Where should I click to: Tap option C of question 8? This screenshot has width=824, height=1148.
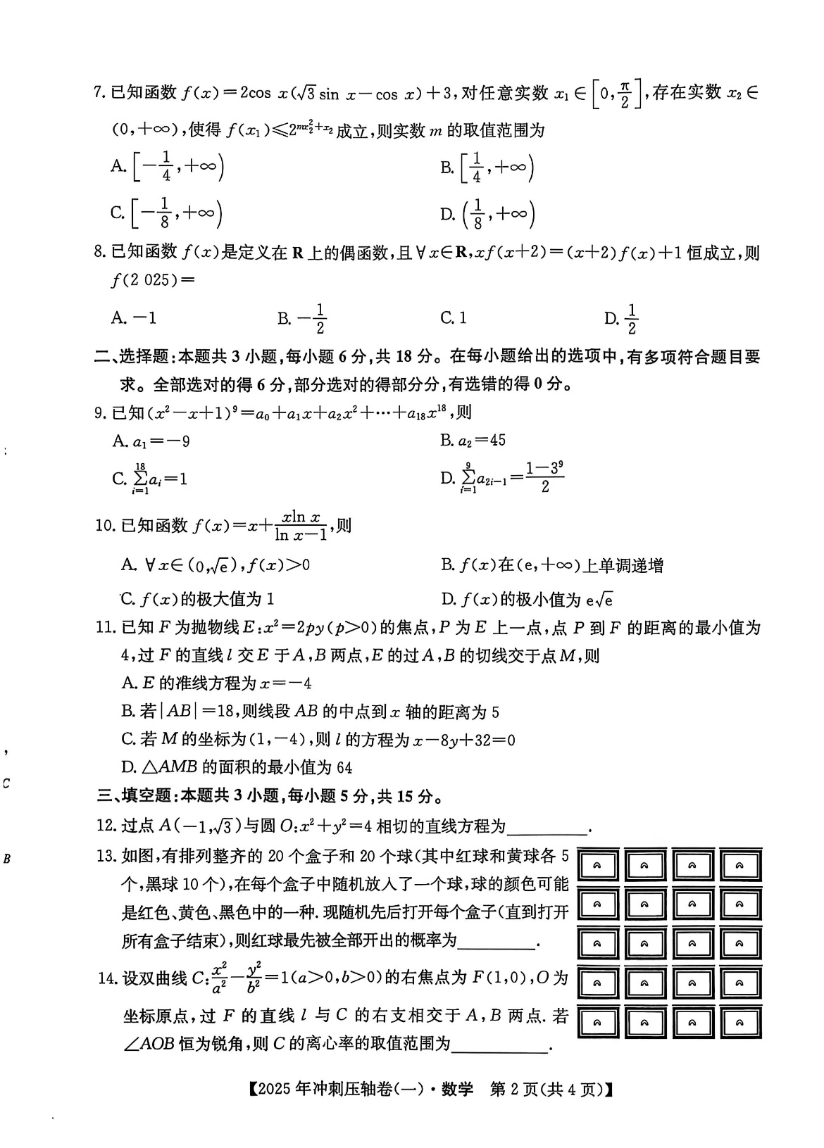click(x=454, y=318)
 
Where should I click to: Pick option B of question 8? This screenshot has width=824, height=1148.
click(x=302, y=318)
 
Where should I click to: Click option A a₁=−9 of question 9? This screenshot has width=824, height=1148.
click(x=151, y=441)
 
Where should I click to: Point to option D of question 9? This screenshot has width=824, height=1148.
click(x=502, y=478)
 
